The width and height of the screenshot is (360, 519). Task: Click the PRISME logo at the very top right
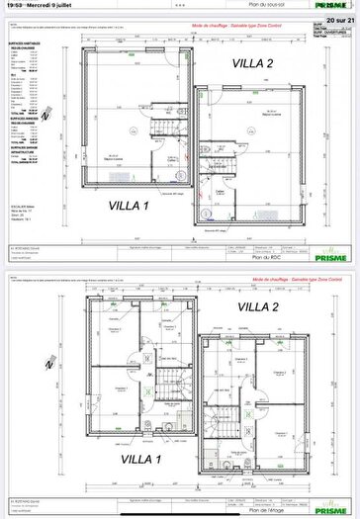point(339,5)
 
